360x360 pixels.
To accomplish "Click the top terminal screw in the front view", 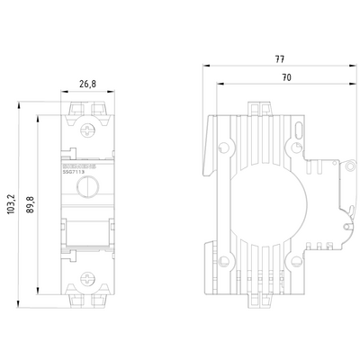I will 85,129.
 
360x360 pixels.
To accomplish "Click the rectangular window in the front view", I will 85,233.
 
